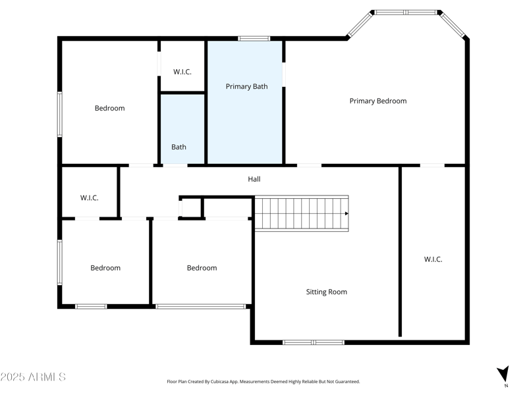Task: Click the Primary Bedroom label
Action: pos(377,101)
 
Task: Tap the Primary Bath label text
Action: pos(246,86)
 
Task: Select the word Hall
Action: pos(254,178)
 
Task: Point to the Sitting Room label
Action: pos(326,292)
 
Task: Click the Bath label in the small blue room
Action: pos(179,147)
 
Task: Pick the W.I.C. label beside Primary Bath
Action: pos(182,71)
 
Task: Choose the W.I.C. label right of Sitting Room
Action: pos(433,259)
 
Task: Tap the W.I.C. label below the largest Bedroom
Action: pos(89,197)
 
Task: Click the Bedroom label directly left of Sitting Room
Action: pos(202,268)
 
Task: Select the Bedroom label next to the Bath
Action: pos(109,108)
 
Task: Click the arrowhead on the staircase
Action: pos(346,213)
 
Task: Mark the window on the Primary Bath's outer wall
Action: pos(254,38)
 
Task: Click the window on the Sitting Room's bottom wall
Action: pos(313,342)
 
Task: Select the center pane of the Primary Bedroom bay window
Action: pos(405,12)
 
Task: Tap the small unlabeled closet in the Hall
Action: pos(191,208)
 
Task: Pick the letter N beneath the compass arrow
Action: pos(506,386)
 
